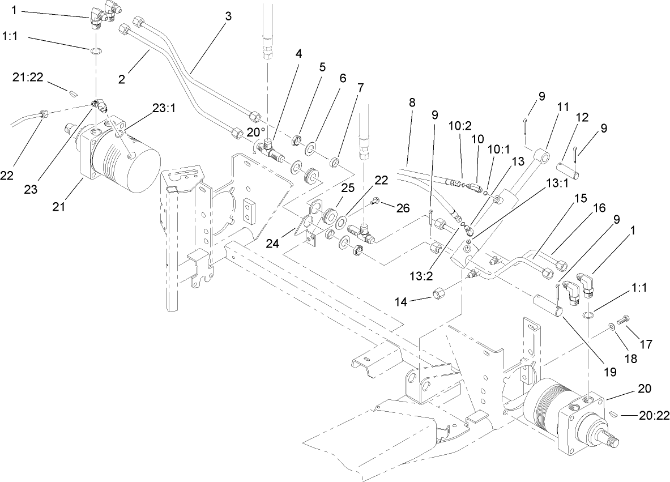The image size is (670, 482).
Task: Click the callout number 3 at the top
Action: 228,16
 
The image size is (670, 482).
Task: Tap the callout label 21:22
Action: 28,78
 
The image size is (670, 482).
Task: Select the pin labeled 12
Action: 567,170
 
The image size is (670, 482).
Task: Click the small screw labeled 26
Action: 376,201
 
